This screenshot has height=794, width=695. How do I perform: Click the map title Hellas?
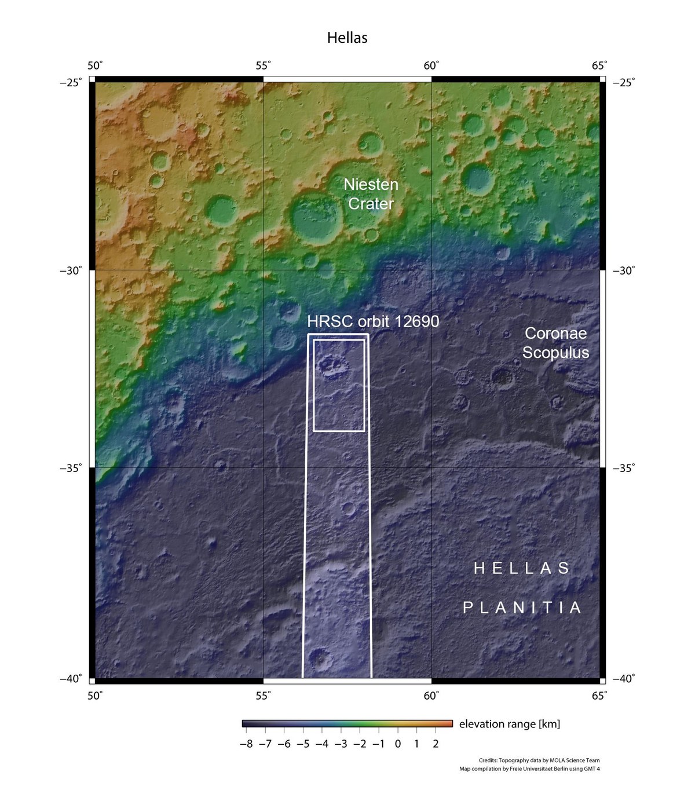(347, 38)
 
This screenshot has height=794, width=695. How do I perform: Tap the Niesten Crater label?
(371, 194)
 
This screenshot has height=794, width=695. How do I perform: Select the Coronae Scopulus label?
(555, 343)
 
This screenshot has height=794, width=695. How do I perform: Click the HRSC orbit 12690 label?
(373, 321)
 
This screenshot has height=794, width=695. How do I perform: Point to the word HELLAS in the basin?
(522, 569)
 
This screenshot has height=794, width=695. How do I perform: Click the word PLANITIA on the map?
(522, 608)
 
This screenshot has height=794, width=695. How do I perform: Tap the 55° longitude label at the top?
(264, 65)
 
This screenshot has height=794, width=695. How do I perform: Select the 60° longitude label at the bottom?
(431, 695)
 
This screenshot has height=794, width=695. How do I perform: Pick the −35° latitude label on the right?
(623, 467)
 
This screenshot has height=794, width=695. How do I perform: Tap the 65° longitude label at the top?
(599, 65)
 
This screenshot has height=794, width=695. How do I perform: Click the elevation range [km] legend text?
(509, 724)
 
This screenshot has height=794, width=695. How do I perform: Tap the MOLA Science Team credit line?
(539, 760)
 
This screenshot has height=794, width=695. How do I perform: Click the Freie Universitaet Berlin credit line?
(529, 769)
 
